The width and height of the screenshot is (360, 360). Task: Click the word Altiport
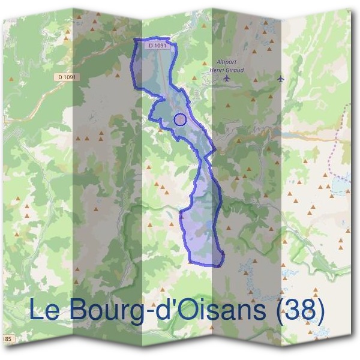(x=227, y=62)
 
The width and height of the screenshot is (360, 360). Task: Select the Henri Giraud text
(x=227, y=70)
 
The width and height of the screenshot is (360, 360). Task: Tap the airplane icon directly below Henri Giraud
(x=226, y=79)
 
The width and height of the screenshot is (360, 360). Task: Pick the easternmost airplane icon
(x=280, y=79)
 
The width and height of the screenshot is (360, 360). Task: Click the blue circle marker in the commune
(x=179, y=119)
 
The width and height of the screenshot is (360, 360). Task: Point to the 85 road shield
(x=8, y=340)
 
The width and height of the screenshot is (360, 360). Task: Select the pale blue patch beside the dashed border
(x=340, y=187)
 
